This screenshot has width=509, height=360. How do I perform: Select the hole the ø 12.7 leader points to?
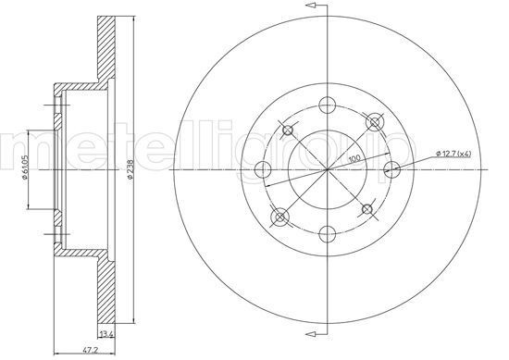[x=391, y=169]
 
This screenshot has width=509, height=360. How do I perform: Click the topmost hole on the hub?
[x=327, y=104]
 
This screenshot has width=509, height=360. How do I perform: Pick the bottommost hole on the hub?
[x=327, y=234]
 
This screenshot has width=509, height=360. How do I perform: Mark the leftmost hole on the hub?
[x=262, y=169]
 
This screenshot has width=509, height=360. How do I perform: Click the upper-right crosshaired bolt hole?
[x=375, y=121]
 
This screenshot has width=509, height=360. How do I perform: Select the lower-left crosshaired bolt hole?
[x=279, y=218]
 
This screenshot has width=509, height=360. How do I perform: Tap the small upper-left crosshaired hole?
[x=288, y=130]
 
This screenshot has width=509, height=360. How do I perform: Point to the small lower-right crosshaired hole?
[x=366, y=209]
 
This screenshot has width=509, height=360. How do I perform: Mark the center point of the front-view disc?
[x=327, y=169]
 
